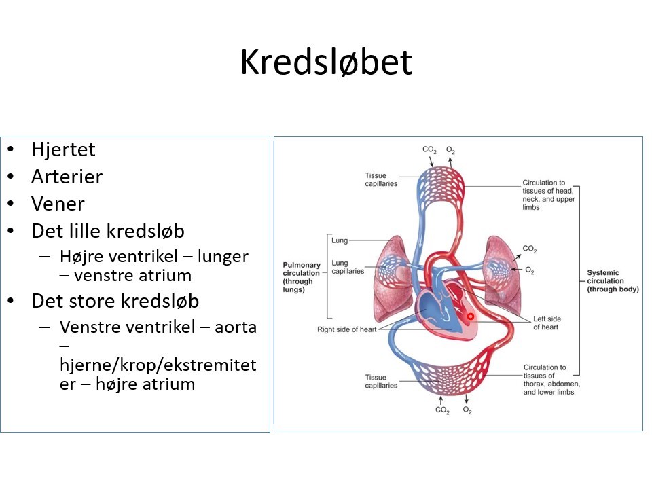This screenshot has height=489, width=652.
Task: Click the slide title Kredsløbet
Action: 326,62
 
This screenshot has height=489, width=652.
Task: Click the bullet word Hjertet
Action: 63,149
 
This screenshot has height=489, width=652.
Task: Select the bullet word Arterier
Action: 67,177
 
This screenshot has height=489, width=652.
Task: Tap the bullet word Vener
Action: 58,204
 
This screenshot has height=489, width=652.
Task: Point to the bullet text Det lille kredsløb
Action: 107,231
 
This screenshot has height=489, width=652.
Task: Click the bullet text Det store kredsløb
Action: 115,300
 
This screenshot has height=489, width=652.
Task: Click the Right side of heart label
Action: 346,330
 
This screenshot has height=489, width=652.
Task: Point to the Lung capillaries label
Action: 348,266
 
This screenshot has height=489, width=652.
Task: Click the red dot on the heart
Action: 469,316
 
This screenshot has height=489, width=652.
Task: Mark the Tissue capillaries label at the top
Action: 381,179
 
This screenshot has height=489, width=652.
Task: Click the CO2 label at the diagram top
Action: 429,149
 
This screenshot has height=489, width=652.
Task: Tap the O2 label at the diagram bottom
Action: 467,410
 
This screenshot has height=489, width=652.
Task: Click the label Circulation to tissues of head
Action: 549,195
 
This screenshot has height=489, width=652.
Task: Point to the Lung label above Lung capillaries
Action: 340,240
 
